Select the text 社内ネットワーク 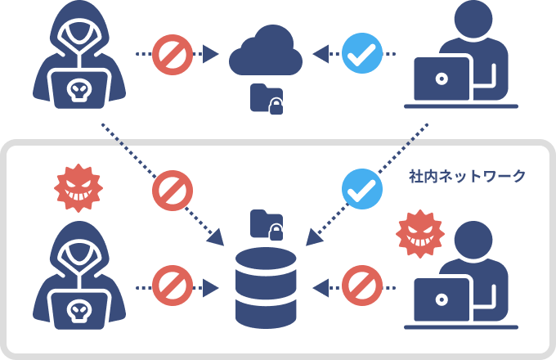click(467, 176)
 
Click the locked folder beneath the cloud click(267, 98)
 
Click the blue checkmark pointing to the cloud click(360, 54)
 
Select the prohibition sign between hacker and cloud click(173, 54)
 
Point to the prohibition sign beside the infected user click(361, 287)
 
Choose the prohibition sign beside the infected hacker click(173, 287)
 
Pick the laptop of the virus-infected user click(442, 300)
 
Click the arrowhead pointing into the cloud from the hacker click(211, 54)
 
